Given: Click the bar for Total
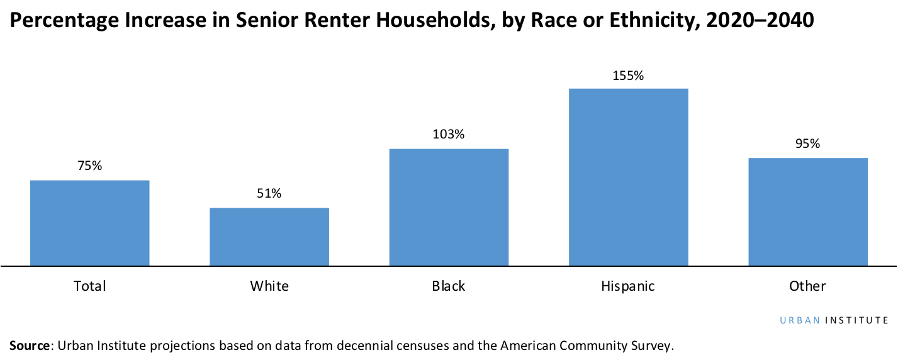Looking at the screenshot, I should pos(89,223).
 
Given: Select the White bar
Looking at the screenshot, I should pos(269,237).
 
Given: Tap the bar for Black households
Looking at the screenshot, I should pos(449,207).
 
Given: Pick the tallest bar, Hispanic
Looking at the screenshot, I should pos(628,177).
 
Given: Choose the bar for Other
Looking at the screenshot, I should pos(808,211).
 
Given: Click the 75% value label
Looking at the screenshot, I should pos(89,166).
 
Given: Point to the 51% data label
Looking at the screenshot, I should pos(269,194).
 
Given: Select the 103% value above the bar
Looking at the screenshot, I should pos(449,134).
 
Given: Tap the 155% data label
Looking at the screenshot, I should pos(628,76).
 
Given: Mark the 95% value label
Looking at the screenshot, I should pos(808,143).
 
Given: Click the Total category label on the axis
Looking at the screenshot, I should pos(89,286).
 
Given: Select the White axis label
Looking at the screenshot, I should pos(269,286).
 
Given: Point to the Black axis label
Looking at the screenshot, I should pos(449,286).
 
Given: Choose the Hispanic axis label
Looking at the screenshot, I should pos(628,286).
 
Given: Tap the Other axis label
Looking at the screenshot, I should pos(808,286).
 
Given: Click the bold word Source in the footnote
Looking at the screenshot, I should pos(29,346).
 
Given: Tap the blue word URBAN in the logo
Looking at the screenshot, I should pos(800,320).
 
